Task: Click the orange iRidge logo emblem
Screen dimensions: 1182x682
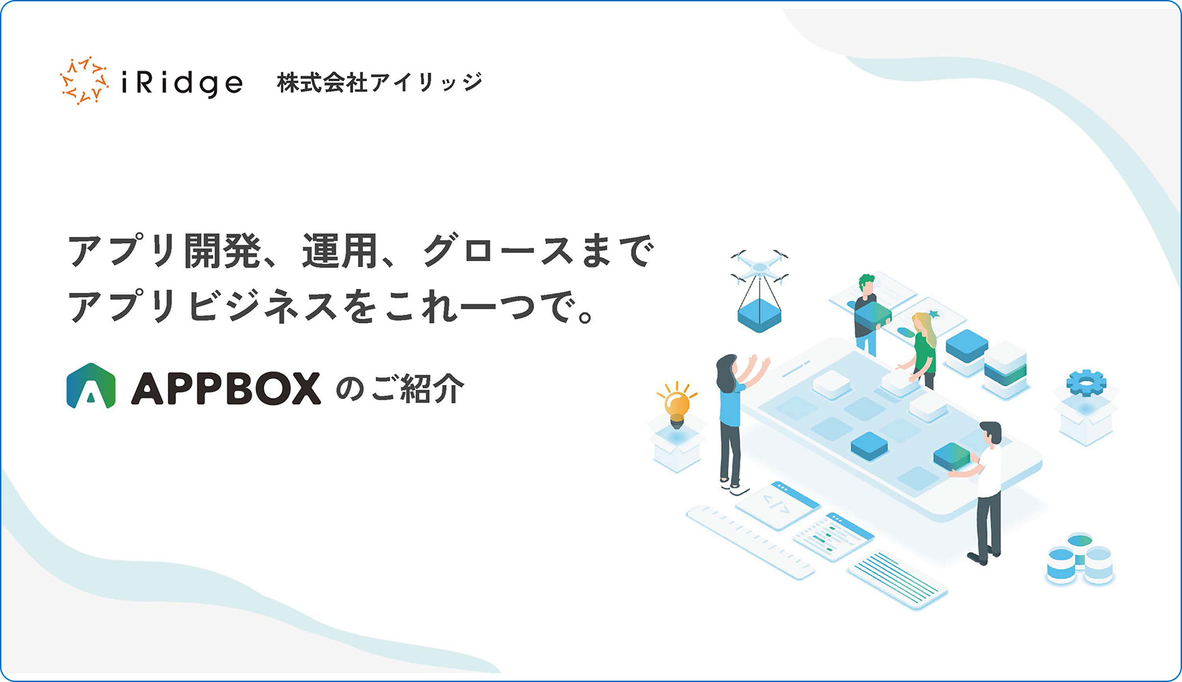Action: [x=85, y=81]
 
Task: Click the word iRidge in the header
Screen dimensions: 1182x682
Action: [x=181, y=83]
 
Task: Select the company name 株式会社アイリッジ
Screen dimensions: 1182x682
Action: [x=380, y=83]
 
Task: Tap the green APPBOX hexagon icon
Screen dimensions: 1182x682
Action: [x=91, y=386]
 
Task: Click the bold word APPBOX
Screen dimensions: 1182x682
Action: [x=225, y=388]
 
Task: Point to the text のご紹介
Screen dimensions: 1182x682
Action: [x=400, y=389]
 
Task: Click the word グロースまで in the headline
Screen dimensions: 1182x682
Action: [x=539, y=251]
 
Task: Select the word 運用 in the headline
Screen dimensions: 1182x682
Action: [x=340, y=251]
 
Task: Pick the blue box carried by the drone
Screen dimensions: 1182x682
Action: [x=759, y=316]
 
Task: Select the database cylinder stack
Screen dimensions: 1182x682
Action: [x=1080, y=559]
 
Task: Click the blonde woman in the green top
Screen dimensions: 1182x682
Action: [x=921, y=348]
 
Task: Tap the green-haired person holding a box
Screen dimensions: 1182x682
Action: [x=868, y=314]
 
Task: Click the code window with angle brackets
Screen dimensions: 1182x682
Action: [x=778, y=504]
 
